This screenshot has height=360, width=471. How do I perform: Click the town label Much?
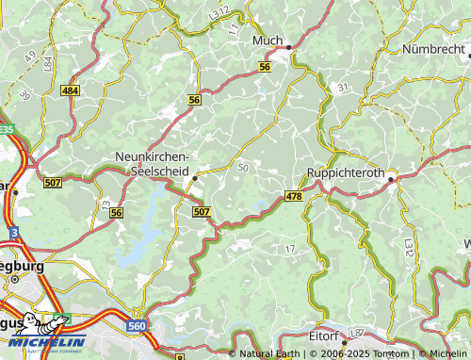point(268,42)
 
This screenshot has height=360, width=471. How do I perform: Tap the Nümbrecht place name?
point(434,48)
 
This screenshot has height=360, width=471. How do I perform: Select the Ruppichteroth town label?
point(346,173)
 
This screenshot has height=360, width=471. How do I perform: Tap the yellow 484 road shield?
point(70,90)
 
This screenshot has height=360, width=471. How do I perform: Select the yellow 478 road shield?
point(293,196)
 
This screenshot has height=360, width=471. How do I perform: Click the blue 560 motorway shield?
point(136,325)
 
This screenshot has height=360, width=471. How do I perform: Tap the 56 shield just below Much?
point(265,67)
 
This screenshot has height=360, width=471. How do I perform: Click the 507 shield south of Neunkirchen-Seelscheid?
point(201,212)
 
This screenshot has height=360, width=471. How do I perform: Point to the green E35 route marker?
point(6,129)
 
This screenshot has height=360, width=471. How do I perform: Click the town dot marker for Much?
point(289,46)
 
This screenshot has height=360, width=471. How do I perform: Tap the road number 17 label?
point(289,248)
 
